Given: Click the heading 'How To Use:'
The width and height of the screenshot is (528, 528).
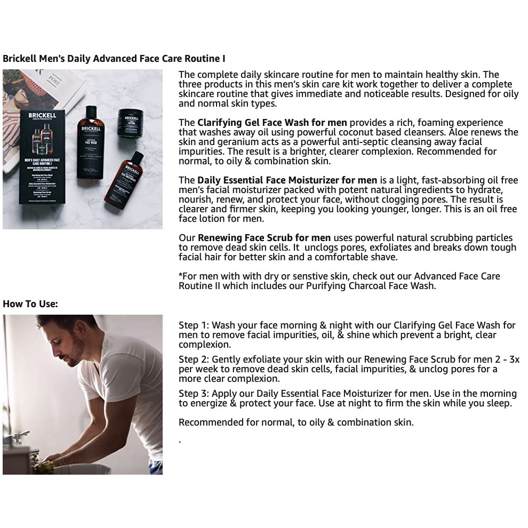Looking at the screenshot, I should pyautogui.click(x=30, y=304).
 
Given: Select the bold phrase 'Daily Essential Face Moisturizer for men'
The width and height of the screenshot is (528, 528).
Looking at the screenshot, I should pyautogui.click(x=287, y=180).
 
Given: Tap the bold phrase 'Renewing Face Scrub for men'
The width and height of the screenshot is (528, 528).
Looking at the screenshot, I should pyautogui.click(x=264, y=238).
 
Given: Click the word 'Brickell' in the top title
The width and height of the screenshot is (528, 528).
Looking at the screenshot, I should pyautogui.click(x=19, y=58).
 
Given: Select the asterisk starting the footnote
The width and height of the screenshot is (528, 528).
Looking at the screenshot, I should pyautogui.click(x=180, y=276).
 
